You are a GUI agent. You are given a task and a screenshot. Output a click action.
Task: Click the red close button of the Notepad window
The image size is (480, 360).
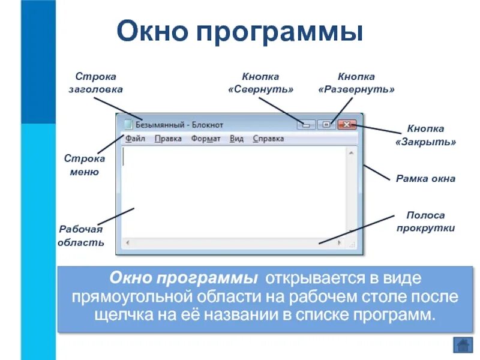point(347,125)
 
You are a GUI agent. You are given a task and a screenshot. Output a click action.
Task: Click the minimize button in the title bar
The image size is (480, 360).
point(307,125)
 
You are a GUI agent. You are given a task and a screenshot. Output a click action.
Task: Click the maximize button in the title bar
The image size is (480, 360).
point(326,125)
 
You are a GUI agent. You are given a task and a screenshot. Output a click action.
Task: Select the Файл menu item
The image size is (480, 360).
point(135,139)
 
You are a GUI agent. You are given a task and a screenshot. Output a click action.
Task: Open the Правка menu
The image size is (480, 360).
point(168,139)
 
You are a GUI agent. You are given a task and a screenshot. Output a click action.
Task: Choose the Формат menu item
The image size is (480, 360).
point(206,139)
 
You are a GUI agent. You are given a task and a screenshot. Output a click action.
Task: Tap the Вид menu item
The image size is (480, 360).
point(236,139)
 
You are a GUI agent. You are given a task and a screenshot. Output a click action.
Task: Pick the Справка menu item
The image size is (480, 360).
point(268,139)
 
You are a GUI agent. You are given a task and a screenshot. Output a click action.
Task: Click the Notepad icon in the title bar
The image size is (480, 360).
point(127,125)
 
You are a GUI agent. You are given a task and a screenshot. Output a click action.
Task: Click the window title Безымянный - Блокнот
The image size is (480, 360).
point(179,125)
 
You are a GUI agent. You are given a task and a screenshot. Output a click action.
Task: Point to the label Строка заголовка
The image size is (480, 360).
point(95,83)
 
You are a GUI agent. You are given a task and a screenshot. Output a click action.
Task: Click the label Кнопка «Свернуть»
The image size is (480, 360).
point(260,83)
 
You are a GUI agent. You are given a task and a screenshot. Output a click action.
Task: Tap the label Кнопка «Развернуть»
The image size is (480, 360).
point(356,83)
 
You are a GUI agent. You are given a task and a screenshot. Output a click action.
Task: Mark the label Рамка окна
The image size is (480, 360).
point(425,178)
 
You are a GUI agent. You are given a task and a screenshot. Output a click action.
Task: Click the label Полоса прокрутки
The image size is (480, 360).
point(425,221)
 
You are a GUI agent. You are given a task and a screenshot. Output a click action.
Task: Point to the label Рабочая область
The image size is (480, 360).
point(81,236)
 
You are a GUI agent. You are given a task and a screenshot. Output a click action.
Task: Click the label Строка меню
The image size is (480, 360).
point(85,165)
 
